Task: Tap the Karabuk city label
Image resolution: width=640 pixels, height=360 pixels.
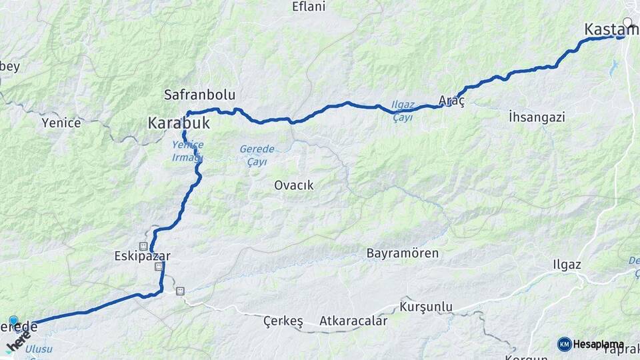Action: [179, 123]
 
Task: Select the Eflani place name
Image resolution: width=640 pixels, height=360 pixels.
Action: [309, 7]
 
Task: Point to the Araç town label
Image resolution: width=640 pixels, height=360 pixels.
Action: [451, 101]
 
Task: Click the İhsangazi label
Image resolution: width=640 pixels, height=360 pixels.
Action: [536, 117]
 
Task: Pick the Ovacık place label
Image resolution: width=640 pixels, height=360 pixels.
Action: [293, 185]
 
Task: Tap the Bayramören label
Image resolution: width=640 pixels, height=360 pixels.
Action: [403, 253]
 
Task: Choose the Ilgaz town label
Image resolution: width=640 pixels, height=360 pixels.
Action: [567, 265]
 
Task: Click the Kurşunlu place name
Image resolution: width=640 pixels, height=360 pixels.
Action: [426, 307]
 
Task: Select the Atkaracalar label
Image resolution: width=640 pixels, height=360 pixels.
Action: [353, 321]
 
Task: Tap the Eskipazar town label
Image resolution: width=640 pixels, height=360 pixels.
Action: [143, 256]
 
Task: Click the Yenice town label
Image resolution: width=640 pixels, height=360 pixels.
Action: [61, 123]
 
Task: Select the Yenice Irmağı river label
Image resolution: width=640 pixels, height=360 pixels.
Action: [187, 151]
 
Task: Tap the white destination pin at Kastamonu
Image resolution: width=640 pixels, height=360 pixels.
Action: [627, 23]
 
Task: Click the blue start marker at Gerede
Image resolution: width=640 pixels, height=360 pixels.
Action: [13, 321]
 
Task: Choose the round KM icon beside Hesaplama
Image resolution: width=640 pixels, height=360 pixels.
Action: [564, 344]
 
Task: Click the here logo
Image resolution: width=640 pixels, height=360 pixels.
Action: [19, 340]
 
